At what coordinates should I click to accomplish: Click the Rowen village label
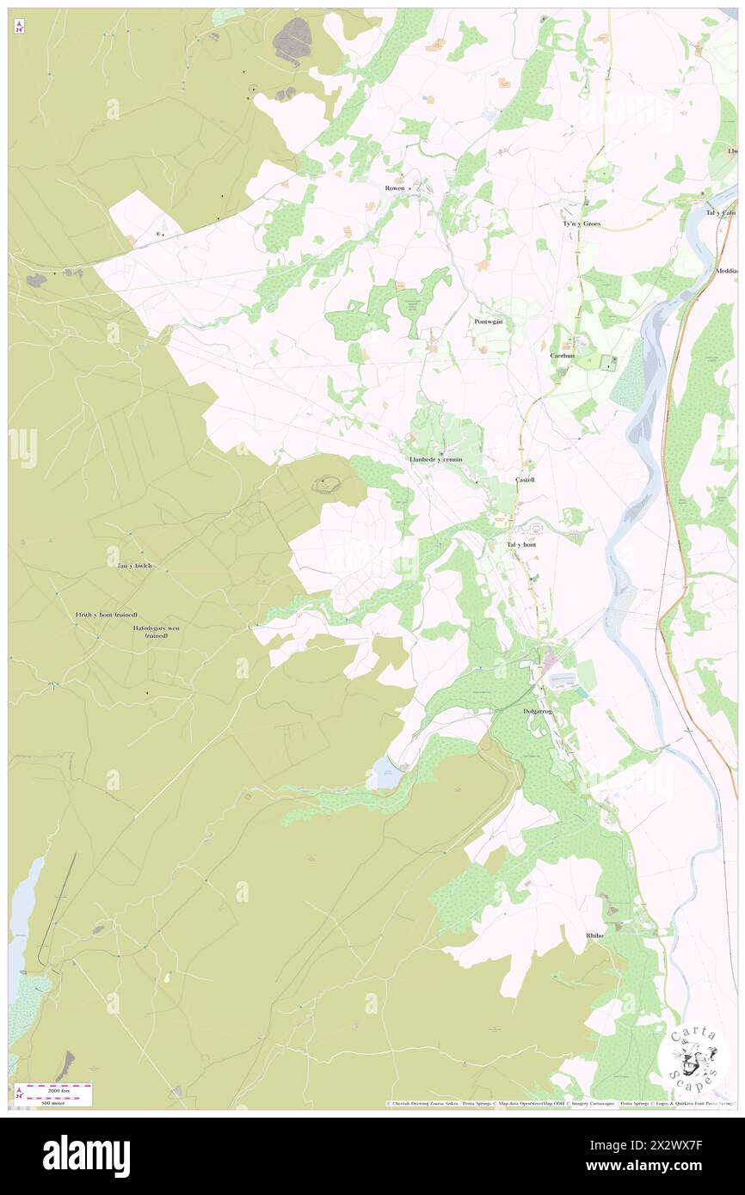(394, 187)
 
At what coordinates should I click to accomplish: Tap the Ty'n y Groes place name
(582, 224)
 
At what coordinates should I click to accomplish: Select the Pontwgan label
(488, 322)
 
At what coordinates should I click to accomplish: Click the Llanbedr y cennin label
(435, 460)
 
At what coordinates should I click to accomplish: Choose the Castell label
(525, 480)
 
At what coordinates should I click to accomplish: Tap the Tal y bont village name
(521, 545)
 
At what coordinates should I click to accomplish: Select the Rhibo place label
(595, 935)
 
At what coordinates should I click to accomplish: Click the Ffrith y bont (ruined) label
(107, 616)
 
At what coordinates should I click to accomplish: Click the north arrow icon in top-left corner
(19, 28)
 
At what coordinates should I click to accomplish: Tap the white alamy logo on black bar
(86, 1155)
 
